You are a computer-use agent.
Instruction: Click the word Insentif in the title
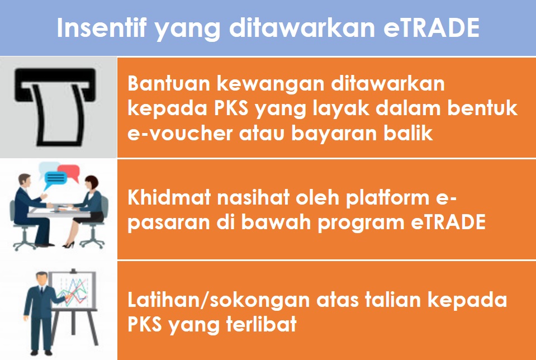pyautogui.click(x=102, y=27)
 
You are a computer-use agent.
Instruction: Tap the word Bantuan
pyautogui.click(x=169, y=84)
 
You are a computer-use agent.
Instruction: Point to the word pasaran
pyautogui.click(x=168, y=224)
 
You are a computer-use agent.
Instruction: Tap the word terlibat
pyautogui.click(x=261, y=324)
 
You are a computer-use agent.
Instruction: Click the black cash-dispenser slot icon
pyautogui.click(x=55, y=106)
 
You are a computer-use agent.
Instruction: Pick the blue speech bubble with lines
pyautogui.click(x=55, y=179)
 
